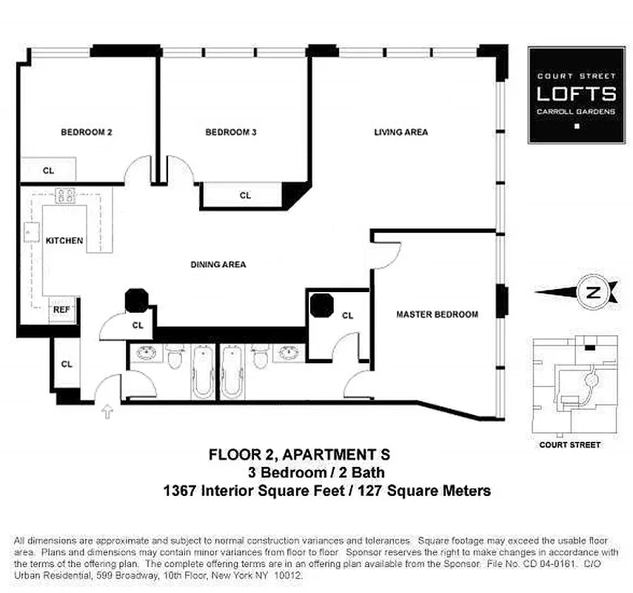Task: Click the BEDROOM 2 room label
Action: click(x=86, y=133)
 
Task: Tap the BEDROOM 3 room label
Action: click(x=230, y=133)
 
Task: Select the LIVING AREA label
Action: click(x=401, y=133)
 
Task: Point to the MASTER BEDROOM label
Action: click(x=437, y=314)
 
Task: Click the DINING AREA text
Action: click(x=218, y=265)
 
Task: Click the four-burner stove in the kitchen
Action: click(x=65, y=196)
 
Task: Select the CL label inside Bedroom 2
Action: click(x=48, y=170)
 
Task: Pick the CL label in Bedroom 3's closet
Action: click(x=245, y=196)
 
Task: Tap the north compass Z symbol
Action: click(x=592, y=292)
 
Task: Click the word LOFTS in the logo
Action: click(x=576, y=94)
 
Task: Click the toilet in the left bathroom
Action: click(x=175, y=359)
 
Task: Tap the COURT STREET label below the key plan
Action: click(x=569, y=445)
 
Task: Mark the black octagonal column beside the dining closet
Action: click(x=137, y=300)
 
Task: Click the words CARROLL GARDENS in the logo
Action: click(x=576, y=112)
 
